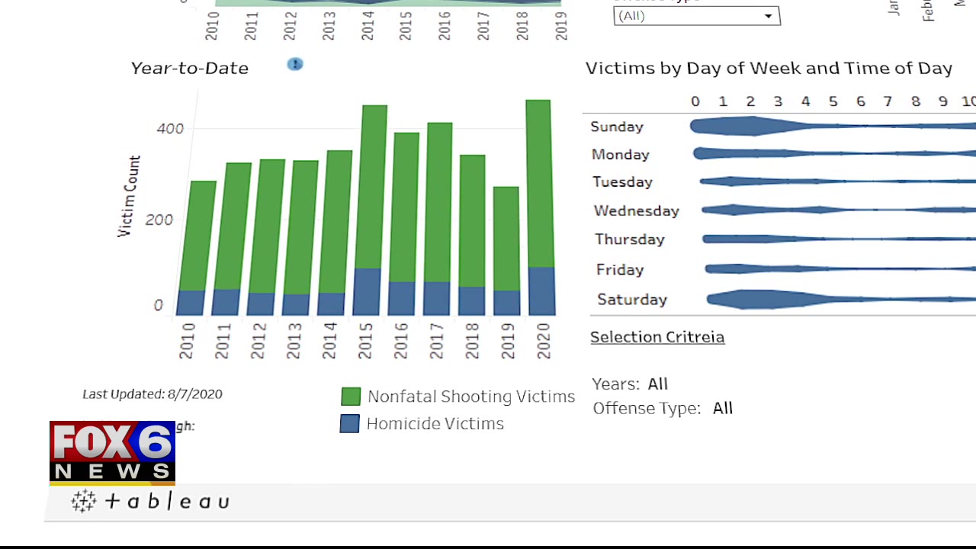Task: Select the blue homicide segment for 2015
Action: (368, 291)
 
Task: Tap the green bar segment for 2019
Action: (506, 238)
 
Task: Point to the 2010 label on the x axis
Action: (187, 341)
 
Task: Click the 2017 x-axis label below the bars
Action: (436, 341)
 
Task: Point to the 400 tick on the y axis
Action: (170, 128)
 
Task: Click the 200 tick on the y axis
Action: (159, 220)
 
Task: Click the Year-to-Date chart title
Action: (189, 68)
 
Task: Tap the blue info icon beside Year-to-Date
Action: (295, 64)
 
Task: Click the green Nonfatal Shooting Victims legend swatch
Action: (351, 396)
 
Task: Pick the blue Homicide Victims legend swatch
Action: (349, 424)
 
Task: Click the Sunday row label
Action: (617, 127)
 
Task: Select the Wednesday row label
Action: (636, 210)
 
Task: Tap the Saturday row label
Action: (632, 300)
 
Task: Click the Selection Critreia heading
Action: (657, 337)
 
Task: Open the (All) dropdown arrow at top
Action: (768, 16)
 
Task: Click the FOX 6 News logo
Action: (112, 452)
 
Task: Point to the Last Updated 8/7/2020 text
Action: (152, 394)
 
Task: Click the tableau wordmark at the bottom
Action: (151, 501)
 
